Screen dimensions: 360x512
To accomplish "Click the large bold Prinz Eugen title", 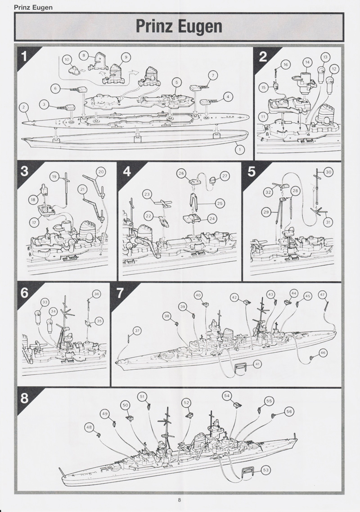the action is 179,27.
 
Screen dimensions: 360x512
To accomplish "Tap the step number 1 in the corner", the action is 24,56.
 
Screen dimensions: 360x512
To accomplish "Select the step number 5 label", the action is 251,171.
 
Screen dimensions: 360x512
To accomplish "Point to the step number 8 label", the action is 24,398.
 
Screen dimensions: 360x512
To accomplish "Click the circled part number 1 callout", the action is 240,149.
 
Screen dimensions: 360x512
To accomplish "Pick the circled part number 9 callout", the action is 126,57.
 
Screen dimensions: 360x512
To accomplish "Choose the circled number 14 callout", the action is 307,62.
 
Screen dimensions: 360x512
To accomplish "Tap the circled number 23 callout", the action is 147,194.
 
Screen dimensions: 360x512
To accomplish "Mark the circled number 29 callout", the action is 266,212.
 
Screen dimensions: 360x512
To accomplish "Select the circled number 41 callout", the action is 257,364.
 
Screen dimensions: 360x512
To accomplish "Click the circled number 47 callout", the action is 323,295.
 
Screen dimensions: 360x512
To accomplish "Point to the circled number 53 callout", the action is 265,470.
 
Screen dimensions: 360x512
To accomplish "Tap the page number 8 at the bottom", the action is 180,499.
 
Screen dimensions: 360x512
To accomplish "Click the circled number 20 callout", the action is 101,172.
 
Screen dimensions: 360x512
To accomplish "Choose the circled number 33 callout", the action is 45,302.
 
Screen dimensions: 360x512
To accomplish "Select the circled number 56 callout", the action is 289,411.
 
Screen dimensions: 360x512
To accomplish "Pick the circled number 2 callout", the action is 23,107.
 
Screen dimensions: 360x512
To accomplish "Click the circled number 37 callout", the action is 137,331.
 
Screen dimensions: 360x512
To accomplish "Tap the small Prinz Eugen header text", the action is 33,7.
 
